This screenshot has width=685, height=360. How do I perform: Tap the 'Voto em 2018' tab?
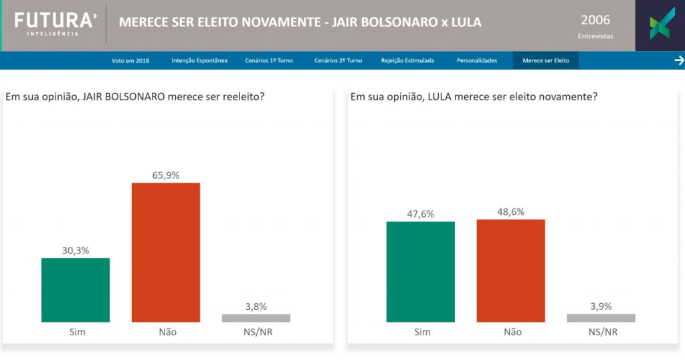[x=130, y=61]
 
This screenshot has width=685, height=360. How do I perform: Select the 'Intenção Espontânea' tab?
[x=199, y=61]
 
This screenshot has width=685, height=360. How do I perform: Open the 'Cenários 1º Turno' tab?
[x=269, y=61]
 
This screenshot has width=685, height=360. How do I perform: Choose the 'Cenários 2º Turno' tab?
[x=338, y=61]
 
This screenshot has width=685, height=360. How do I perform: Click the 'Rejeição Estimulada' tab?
[x=407, y=61]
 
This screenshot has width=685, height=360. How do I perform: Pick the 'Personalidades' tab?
[x=477, y=61]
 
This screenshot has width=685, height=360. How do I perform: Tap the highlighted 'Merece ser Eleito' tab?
[x=546, y=61]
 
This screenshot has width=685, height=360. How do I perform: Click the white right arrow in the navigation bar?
[x=679, y=61]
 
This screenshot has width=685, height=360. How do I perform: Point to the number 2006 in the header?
[x=595, y=20]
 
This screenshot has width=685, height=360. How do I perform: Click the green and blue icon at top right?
[x=660, y=25]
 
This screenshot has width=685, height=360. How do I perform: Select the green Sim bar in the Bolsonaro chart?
[x=76, y=290]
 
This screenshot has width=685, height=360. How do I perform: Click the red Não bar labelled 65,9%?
[x=166, y=252]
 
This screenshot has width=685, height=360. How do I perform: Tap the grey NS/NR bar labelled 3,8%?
[x=256, y=318]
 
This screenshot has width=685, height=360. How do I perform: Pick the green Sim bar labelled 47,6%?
[x=421, y=272]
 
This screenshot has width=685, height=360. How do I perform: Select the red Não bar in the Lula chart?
[x=511, y=270]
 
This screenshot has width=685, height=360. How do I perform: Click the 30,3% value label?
[x=76, y=251]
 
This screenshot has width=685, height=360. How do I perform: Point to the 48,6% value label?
[x=511, y=212]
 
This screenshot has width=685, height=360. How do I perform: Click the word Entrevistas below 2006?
[x=595, y=36]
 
